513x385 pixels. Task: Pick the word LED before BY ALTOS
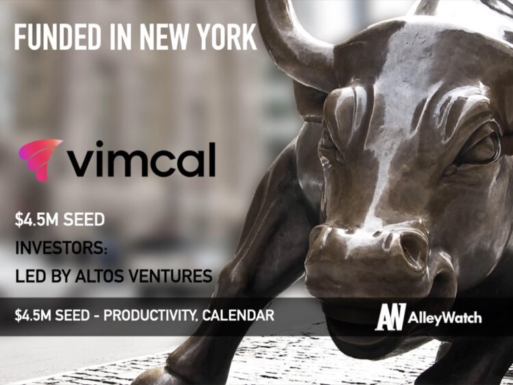click(29, 276)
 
